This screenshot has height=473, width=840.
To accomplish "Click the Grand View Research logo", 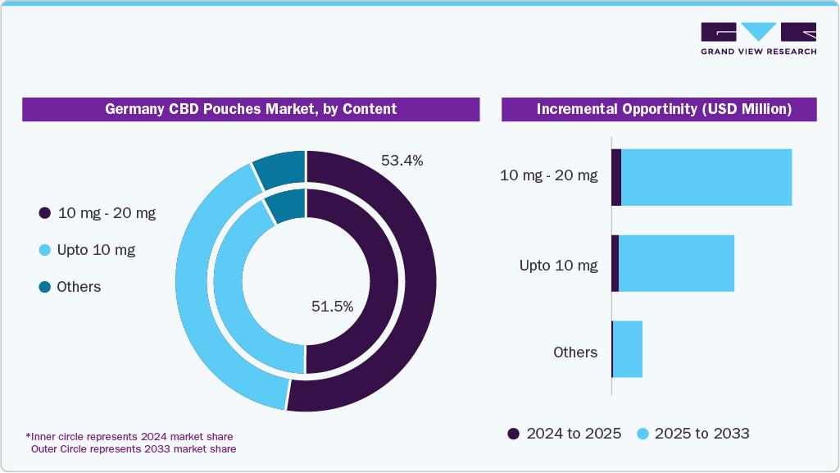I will pyautogui.click(x=758, y=39).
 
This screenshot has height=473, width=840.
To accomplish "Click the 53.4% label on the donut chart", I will pyautogui.click(x=402, y=161).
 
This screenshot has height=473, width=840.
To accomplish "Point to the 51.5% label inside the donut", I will pyautogui.click(x=332, y=307).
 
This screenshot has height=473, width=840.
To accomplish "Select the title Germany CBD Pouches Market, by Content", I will pyautogui.click(x=251, y=109).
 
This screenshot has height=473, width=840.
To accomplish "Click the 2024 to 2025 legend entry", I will pyautogui.click(x=565, y=433).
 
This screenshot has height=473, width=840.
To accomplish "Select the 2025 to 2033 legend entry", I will pyautogui.click(x=693, y=433).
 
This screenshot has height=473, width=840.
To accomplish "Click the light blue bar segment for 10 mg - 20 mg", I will pyautogui.click(x=706, y=177).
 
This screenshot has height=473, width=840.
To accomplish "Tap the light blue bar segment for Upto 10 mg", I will pyautogui.click(x=676, y=263).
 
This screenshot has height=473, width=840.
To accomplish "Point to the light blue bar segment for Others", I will pyautogui.click(x=628, y=349).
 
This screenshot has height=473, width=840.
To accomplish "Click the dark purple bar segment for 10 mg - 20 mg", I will pyautogui.click(x=616, y=177).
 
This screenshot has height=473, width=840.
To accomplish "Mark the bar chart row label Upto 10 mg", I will pyautogui.click(x=558, y=266).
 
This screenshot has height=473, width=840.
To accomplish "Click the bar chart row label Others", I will pyautogui.click(x=575, y=352).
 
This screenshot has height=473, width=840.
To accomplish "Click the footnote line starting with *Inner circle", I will pyautogui.click(x=129, y=436).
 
